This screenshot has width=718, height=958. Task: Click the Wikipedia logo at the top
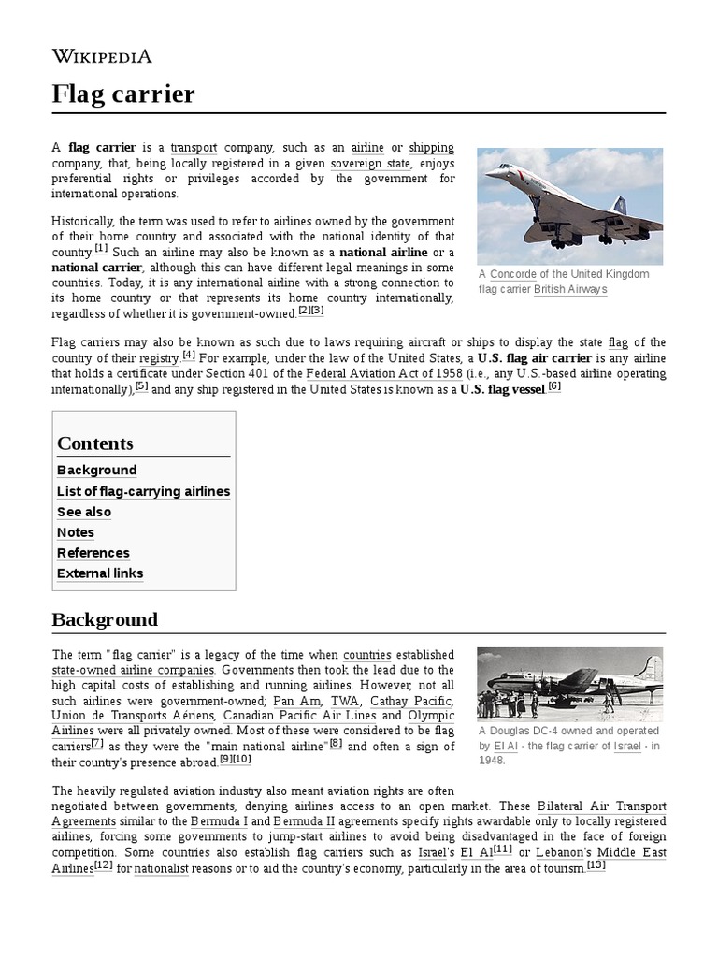click(x=101, y=56)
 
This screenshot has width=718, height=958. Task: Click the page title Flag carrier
click(x=123, y=94)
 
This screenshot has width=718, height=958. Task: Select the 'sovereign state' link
click(x=370, y=163)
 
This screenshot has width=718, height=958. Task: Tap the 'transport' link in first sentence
click(x=194, y=148)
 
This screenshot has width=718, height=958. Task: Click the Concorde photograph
click(x=569, y=206)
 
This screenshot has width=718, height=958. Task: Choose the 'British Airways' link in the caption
click(x=570, y=289)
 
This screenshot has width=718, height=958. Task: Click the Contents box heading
click(x=95, y=443)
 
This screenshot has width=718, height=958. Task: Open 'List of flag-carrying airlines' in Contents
click(x=143, y=491)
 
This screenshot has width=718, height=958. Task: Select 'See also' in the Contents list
click(x=84, y=512)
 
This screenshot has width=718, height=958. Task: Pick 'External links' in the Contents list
click(x=100, y=573)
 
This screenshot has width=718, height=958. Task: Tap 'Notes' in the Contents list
click(x=76, y=532)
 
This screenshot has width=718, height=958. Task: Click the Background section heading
click(x=105, y=619)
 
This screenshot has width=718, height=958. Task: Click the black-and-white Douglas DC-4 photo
click(x=569, y=682)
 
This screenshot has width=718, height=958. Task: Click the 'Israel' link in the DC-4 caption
click(x=627, y=746)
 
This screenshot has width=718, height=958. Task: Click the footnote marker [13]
click(x=596, y=865)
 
